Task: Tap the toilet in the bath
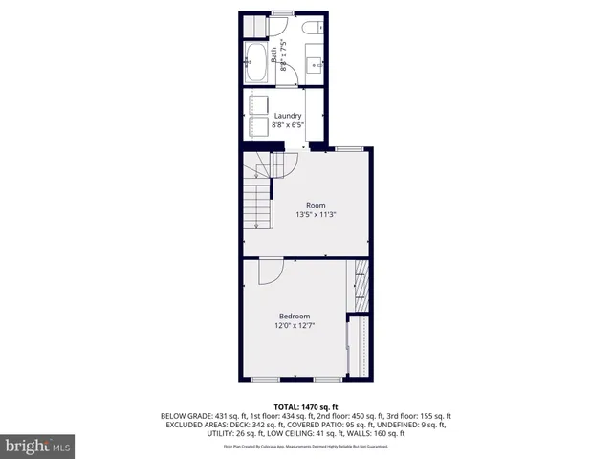click(313, 30)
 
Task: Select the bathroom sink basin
click(314, 64)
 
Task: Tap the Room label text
click(316, 205)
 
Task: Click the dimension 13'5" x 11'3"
click(316, 215)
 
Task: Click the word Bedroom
click(295, 317)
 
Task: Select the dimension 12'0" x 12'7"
click(295, 326)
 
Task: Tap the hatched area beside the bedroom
click(361, 284)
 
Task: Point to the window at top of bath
click(281, 12)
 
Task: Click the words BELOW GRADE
click(186, 416)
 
